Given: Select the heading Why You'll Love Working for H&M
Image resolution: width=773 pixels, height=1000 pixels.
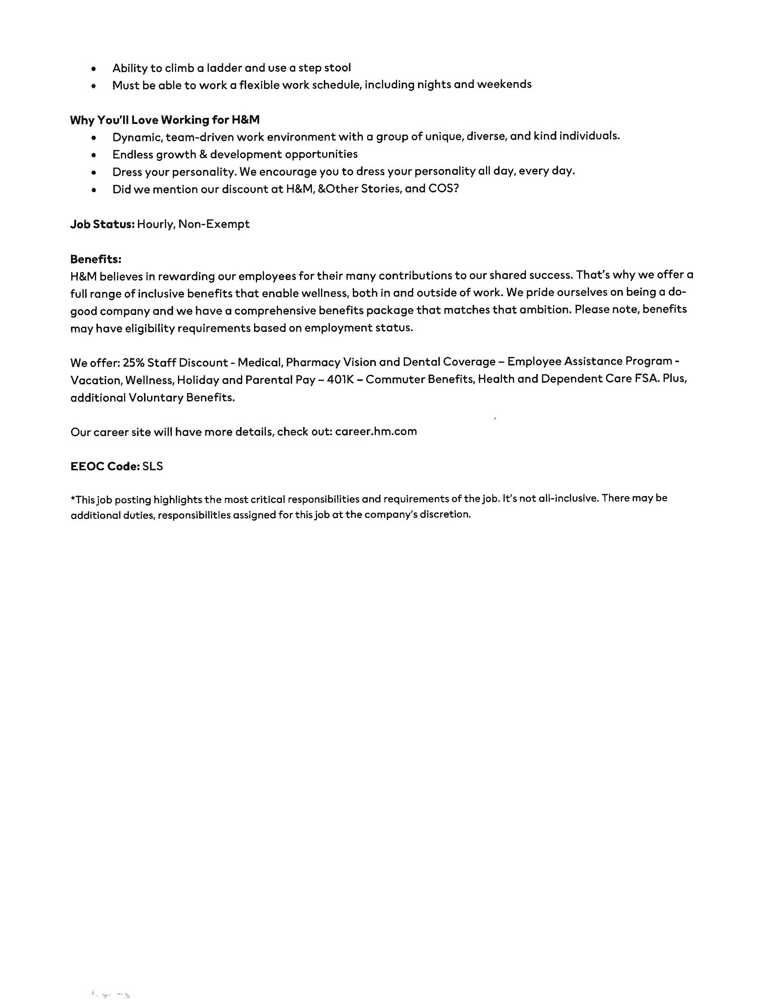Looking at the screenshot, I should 165,120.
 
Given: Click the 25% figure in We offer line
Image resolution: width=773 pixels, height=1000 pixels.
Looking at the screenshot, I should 133,363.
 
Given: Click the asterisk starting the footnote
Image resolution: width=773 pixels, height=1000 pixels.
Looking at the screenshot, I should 73,498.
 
